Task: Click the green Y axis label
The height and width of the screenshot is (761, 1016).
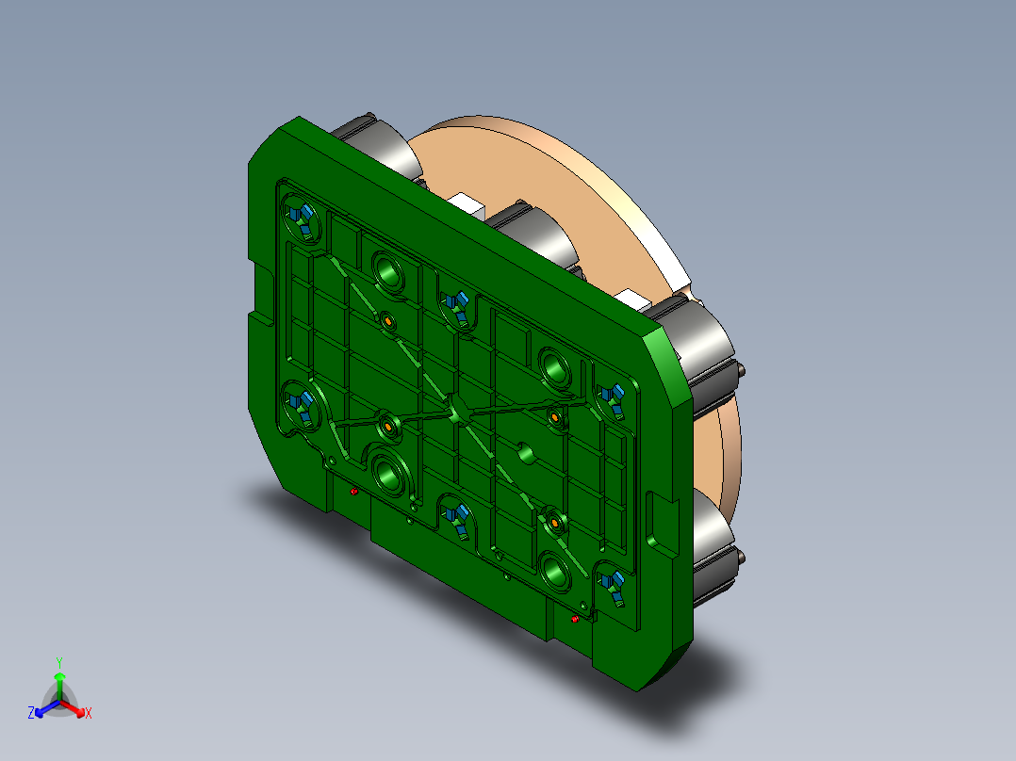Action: [x=58, y=661]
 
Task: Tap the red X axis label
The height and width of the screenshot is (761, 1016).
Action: [x=89, y=713]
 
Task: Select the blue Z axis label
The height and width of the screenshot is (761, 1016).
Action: [x=31, y=713]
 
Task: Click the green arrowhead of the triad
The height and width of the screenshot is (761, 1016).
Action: [x=58, y=676]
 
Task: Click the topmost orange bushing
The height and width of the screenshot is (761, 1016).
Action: [x=387, y=323]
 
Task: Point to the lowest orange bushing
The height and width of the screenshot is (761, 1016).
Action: [x=555, y=520]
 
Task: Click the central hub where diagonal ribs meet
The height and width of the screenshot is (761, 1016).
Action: [x=459, y=413]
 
